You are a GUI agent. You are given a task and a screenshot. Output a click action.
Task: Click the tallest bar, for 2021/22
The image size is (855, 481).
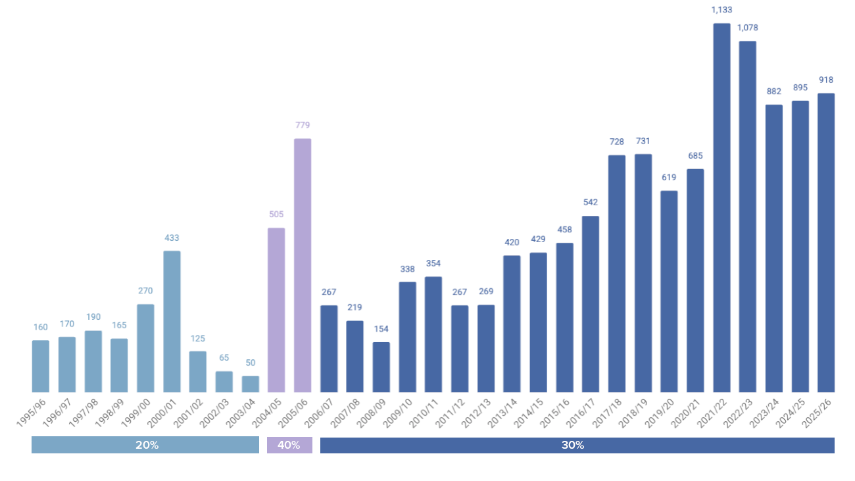point(721,208)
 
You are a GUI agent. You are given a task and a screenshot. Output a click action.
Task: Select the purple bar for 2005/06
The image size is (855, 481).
point(303,265)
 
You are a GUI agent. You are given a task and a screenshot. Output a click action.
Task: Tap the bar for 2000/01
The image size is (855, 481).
point(172,321)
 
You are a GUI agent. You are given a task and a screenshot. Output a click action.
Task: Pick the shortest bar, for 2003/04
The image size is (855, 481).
point(251,384)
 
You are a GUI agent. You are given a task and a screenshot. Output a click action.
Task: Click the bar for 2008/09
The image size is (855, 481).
point(381,367)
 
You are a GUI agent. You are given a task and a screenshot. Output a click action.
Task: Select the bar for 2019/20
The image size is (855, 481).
point(669,291)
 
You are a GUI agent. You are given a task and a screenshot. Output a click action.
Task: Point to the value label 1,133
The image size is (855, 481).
point(721,10)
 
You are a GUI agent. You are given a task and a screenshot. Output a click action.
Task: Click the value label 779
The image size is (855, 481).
point(303,125)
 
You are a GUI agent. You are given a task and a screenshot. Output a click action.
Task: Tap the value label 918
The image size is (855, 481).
point(826,80)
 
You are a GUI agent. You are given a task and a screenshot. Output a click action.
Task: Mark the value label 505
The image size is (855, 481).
point(276,215)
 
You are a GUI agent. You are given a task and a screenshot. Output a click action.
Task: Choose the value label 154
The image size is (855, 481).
point(381,329)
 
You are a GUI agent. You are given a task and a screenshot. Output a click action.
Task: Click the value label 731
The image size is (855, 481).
point(643,141)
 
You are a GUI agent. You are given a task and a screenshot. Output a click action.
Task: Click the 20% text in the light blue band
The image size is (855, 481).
point(147,445)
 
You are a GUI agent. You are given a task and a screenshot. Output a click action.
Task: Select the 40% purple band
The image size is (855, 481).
point(289,445)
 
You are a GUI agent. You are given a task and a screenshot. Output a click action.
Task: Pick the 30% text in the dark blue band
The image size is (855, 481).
point(572,445)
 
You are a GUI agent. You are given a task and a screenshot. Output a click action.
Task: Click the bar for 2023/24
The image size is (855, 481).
point(774,248)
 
